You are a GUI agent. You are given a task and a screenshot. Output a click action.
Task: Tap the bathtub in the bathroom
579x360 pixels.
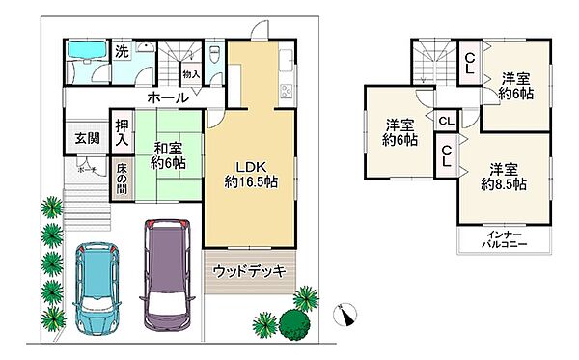pyautogui.click(x=88, y=53)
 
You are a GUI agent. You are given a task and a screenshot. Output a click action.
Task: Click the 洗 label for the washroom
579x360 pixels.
pyautogui.click(x=122, y=52)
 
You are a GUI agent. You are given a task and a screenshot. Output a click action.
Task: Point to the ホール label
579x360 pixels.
pyautogui.click(x=168, y=97)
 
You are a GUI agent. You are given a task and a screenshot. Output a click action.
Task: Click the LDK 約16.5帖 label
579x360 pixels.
pyautogui.click(x=250, y=171)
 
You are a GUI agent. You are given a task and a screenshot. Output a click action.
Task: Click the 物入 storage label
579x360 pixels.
pyautogui.click(x=190, y=73)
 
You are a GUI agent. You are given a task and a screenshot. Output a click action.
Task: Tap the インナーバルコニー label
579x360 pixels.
pyautogui.click(x=505, y=239)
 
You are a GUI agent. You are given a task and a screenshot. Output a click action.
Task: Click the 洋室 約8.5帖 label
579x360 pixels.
pyautogui.click(x=504, y=175)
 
